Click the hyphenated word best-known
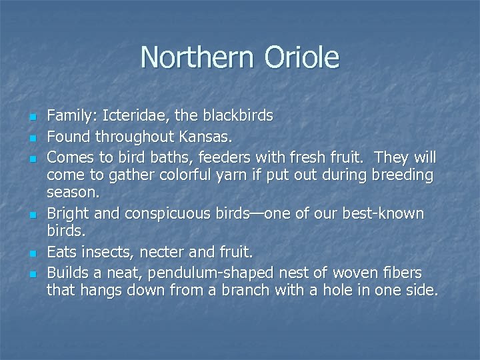[x=382, y=214]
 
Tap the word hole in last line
[x=342, y=291]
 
